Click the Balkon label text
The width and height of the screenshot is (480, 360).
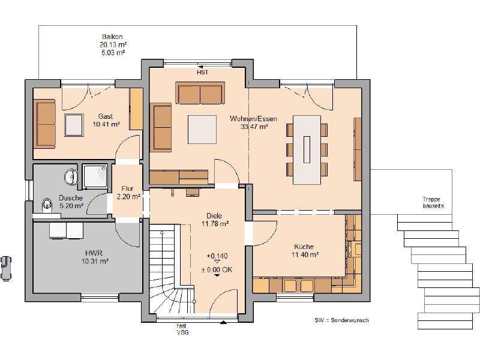(x=113, y=37)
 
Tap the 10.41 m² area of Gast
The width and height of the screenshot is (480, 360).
(x=106, y=124)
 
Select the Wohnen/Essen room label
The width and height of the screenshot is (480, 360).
(x=253, y=118)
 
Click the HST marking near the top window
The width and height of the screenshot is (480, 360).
(x=202, y=72)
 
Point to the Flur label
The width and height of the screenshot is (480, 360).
(x=127, y=188)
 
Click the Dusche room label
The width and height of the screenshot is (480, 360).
(x=71, y=198)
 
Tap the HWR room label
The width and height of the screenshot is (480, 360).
(x=94, y=253)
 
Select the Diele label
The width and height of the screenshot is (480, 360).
(x=214, y=215)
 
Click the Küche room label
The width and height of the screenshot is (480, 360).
(x=304, y=247)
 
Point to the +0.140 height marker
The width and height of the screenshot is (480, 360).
(x=217, y=256)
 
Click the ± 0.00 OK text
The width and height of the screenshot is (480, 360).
(x=217, y=269)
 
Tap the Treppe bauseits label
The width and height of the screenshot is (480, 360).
(x=433, y=202)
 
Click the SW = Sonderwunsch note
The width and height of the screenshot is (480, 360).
(x=341, y=320)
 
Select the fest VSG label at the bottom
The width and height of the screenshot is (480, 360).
(x=182, y=329)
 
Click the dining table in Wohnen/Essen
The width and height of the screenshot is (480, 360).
(x=307, y=149)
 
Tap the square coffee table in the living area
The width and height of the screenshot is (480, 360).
(x=202, y=130)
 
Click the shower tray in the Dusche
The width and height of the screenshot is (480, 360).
(x=95, y=176)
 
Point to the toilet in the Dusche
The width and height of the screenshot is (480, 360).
(x=47, y=205)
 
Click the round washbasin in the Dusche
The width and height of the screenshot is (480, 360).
(x=70, y=176)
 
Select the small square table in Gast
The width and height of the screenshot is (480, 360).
(x=74, y=125)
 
